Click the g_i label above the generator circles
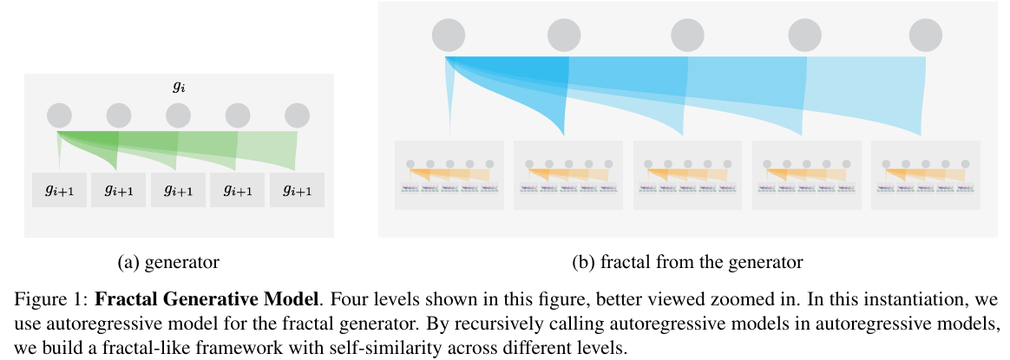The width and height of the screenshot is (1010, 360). pyautogui.click(x=179, y=87)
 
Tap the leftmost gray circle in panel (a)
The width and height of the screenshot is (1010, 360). pyautogui.click(x=59, y=115)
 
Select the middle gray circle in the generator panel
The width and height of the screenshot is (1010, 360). pyautogui.click(x=178, y=115)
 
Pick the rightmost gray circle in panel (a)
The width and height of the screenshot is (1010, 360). pyautogui.click(x=297, y=115)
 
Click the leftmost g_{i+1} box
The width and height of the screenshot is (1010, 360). pyautogui.click(x=59, y=190)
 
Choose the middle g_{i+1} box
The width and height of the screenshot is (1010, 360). pyautogui.click(x=178, y=190)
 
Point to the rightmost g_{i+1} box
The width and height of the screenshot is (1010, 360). pyautogui.click(x=297, y=190)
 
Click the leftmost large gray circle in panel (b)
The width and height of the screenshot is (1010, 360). pyautogui.click(x=448, y=36)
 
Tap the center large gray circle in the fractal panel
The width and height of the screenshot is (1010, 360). pyautogui.click(x=687, y=36)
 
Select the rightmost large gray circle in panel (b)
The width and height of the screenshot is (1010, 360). pyautogui.click(x=925, y=36)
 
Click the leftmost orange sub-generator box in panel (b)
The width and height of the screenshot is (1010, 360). pyautogui.click(x=449, y=174)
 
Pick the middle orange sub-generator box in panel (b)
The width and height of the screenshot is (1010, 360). pyautogui.click(x=687, y=174)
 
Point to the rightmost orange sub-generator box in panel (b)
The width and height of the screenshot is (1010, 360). pyautogui.click(x=925, y=174)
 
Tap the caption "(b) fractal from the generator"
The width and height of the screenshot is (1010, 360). pyautogui.click(x=687, y=260)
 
